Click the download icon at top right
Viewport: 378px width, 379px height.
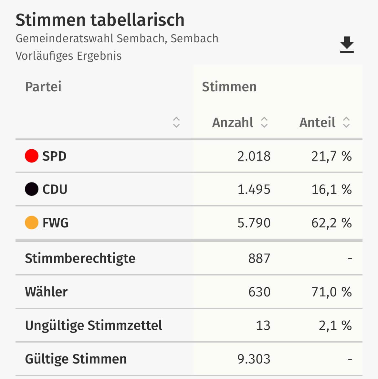coord(347,45)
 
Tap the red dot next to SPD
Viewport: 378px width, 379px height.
coord(32,156)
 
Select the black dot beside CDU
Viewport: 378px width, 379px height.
coord(32,189)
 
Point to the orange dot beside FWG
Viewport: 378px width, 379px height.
coord(32,223)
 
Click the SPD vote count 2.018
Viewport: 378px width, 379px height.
coord(254,156)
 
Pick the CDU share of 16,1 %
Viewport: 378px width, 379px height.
coord(331,189)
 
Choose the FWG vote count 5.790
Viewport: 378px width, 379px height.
coord(254,223)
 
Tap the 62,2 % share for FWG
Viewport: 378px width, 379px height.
coord(331,223)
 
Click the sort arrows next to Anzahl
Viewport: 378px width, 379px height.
coord(264,122)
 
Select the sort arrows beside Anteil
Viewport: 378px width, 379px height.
coord(346,122)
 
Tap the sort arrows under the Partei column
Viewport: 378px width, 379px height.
coord(176,122)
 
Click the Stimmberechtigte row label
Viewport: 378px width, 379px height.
coord(80,258)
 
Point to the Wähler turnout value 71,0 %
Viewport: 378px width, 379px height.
coord(331,292)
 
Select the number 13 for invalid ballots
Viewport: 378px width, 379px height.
coord(263,325)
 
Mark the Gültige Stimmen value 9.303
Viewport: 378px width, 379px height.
coord(254,359)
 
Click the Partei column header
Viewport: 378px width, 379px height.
coord(43,87)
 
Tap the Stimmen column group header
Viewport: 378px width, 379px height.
coord(229,87)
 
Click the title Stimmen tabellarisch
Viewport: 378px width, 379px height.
coord(100,20)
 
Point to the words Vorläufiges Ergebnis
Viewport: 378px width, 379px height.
coord(68,56)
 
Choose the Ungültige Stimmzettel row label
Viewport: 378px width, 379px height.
coord(93,325)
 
